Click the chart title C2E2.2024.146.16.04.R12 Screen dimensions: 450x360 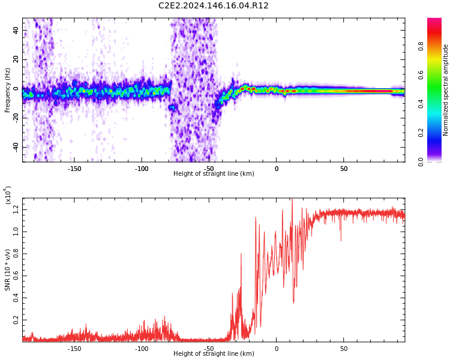coord(213,5)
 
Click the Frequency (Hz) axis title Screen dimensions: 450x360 coord(7,90)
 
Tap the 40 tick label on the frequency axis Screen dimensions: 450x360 coord(16,30)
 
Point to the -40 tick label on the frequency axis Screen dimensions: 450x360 coord(16,146)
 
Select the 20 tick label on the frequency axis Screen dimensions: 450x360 coord(16,59)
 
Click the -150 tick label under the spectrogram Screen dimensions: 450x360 coord(74,169)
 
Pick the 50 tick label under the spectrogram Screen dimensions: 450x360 coord(344,169)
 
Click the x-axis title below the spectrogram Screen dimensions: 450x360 coord(214,173)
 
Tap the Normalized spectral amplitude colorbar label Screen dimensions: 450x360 coord(445,90)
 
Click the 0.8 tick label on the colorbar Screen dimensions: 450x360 coord(421,46)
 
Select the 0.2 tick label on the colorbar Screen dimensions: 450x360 coord(421,133)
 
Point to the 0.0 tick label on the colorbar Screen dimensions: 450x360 coord(421,162)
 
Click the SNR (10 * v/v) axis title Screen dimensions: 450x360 coord(7,270)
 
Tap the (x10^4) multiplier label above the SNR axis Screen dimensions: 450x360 coord(7,195)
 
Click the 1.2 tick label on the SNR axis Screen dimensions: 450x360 coord(16,209)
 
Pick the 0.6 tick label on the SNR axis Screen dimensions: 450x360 coord(16,276)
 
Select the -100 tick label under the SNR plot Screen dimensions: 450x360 coord(142,349)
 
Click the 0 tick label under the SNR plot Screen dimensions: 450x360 coord(277,349)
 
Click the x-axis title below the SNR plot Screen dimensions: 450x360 coord(214,353)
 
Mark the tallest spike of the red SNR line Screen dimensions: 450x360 coord(292,199)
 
